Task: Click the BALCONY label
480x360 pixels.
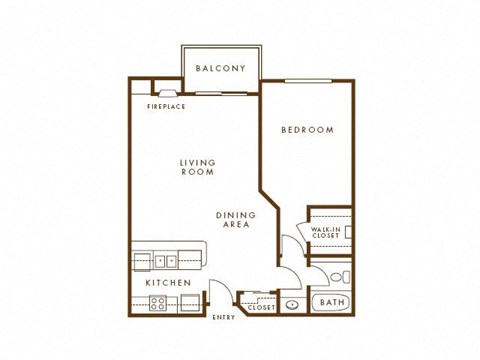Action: pyautogui.click(x=221, y=68)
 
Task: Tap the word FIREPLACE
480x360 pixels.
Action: pyautogui.click(x=166, y=106)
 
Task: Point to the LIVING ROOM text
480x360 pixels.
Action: pyautogui.click(x=198, y=167)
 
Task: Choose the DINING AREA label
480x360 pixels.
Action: pyautogui.click(x=236, y=220)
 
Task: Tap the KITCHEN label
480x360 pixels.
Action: pyautogui.click(x=167, y=283)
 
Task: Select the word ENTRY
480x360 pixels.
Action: pyautogui.click(x=224, y=318)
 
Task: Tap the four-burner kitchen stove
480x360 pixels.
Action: pyautogui.click(x=160, y=303)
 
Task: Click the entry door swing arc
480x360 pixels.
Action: pyautogui.click(x=222, y=299)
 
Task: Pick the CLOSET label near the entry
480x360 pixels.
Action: pyautogui.click(x=261, y=308)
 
